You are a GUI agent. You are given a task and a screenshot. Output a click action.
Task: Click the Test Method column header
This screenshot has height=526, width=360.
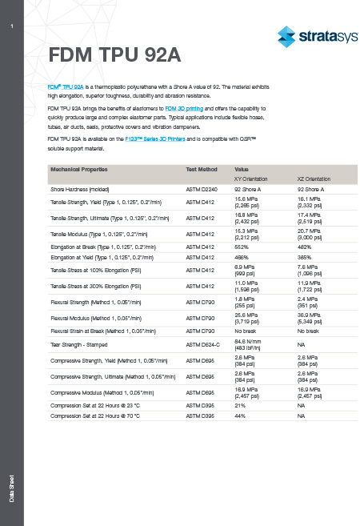(x=202, y=170)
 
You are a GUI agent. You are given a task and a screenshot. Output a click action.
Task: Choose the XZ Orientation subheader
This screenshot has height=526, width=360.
(x=314, y=179)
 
